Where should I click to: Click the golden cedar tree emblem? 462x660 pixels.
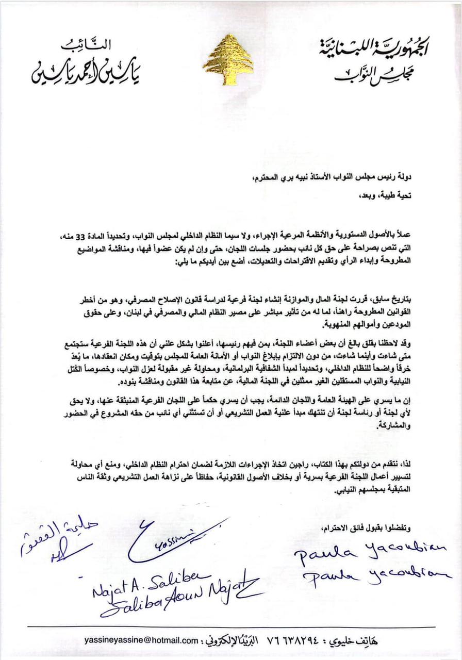pos(228,60)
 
